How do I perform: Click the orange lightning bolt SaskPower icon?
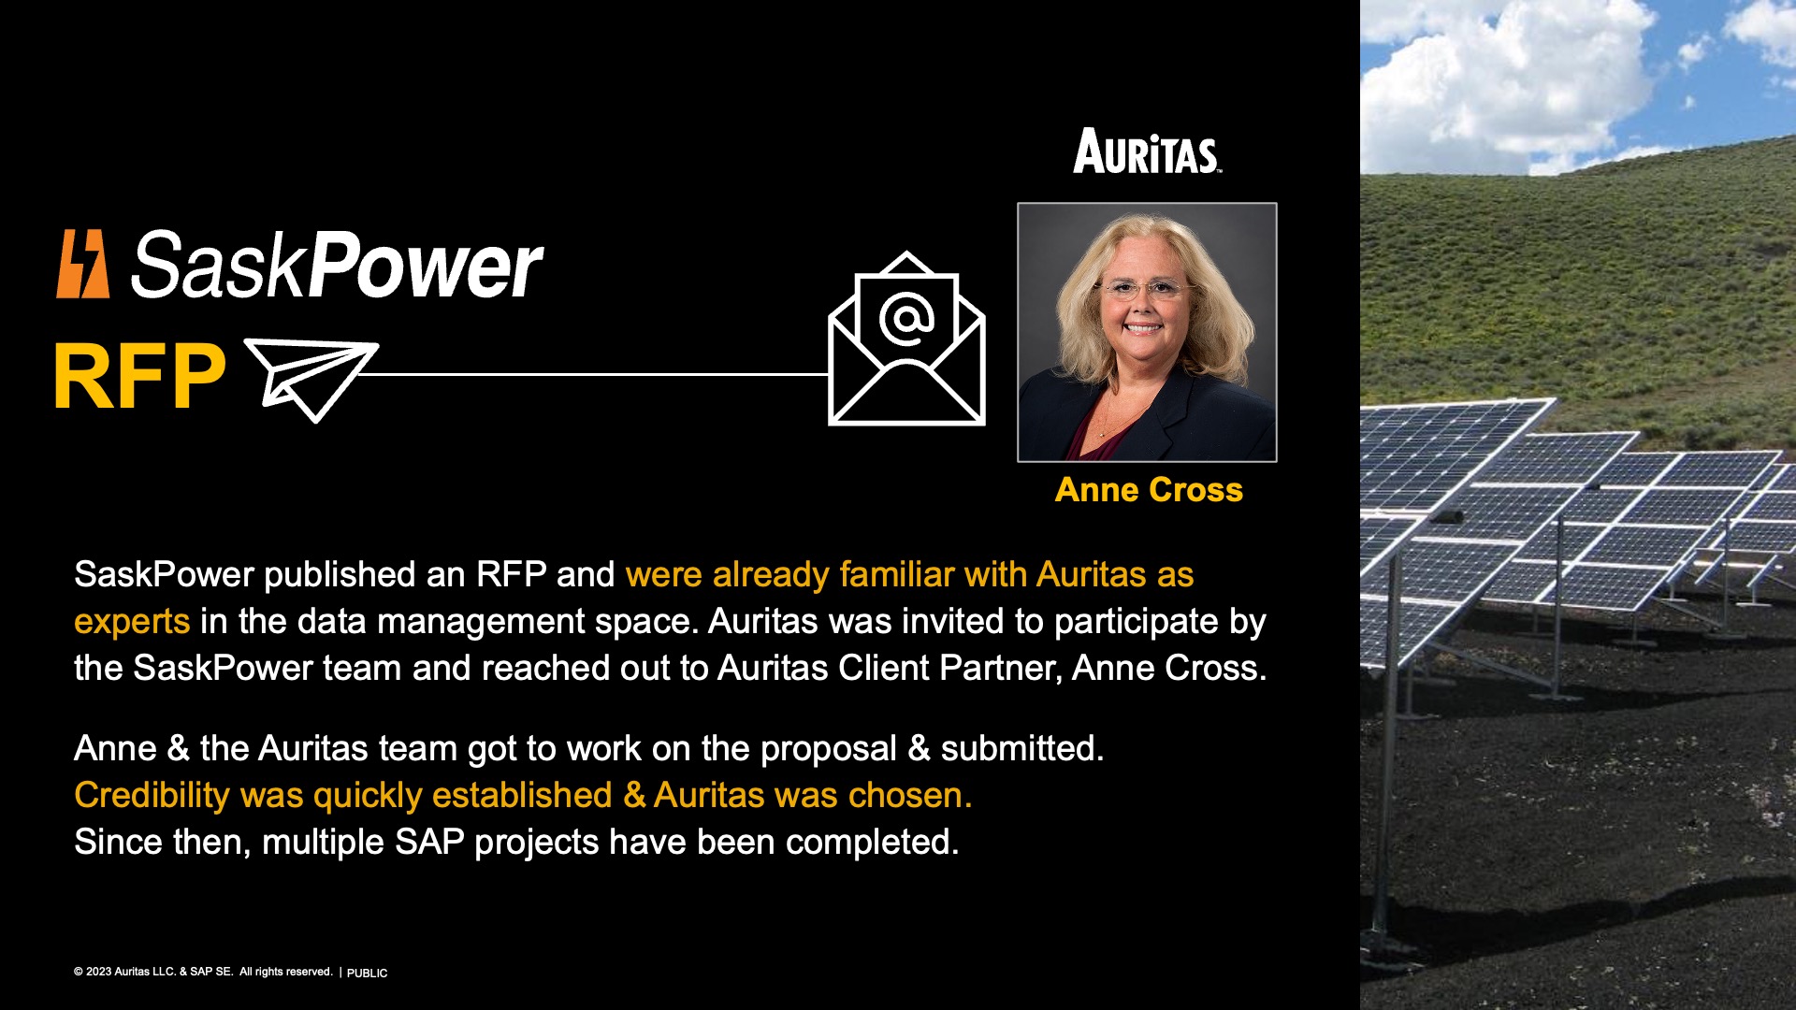coord(82,264)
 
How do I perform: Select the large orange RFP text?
coord(139,377)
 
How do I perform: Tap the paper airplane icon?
coord(311,379)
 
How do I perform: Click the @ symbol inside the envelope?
coord(906,319)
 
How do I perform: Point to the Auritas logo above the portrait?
coord(1147,151)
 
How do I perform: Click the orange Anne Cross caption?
coord(1149,490)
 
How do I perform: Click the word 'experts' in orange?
coord(132,622)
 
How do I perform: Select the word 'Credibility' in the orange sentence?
coord(152,796)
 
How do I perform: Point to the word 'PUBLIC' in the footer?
coord(367,973)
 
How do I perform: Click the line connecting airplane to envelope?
coord(599,374)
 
